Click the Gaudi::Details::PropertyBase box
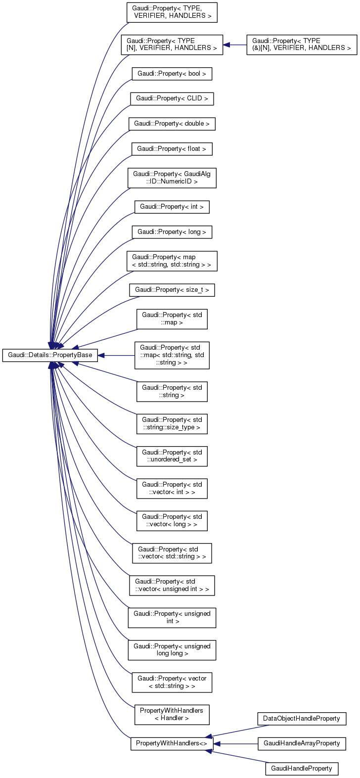tap(50, 355)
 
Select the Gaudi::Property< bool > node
tap(172, 74)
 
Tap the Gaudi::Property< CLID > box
tap(172, 98)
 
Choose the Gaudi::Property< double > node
tap(172, 123)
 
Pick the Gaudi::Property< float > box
tap(172, 148)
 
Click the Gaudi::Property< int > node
tap(172, 207)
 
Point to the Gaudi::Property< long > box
tap(172, 231)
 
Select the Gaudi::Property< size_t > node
tap(172, 290)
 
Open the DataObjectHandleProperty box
tap(301, 718)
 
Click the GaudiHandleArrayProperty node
tap(301, 743)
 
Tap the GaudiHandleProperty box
tap(301, 769)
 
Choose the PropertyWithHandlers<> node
tap(172, 743)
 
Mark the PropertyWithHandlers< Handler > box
tap(172, 714)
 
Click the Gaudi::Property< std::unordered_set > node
tap(172, 456)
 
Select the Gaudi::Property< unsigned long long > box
tap(172, 649)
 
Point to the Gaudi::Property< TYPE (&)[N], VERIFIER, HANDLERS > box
tap(301, 45)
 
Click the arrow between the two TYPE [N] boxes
tap(235, 45)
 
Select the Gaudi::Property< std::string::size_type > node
tap(172, 423)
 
